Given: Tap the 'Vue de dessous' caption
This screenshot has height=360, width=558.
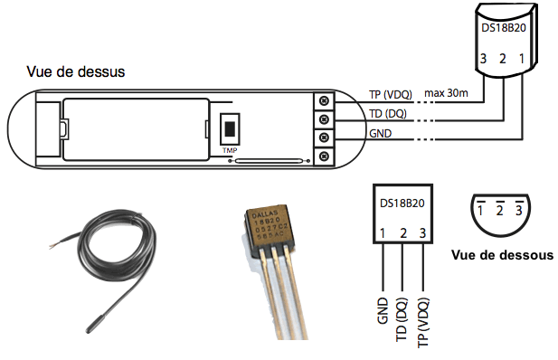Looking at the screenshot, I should pyautogui.click(x=503, y=255).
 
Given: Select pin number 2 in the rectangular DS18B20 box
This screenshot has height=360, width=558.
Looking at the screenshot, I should pyautogui.click(x=402, y=233).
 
